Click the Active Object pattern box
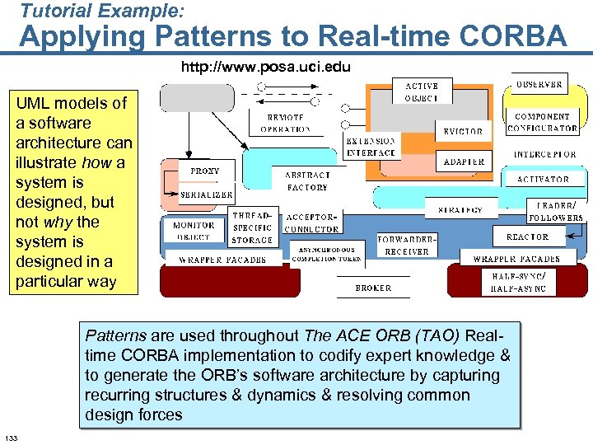(421, 91)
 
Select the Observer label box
(539, 84)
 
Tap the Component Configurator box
(542, 122)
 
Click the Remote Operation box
(285, 123)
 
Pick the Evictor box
(463, 131)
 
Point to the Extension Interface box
(371, 147)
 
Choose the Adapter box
(464, 162)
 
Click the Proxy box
(204, 171)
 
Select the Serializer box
(207, 194)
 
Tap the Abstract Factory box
(307, 181)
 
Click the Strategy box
(460, 210)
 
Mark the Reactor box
(527, 237)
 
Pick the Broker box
(373, 288)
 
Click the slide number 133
(12, 436)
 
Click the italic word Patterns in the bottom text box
(115, 336)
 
